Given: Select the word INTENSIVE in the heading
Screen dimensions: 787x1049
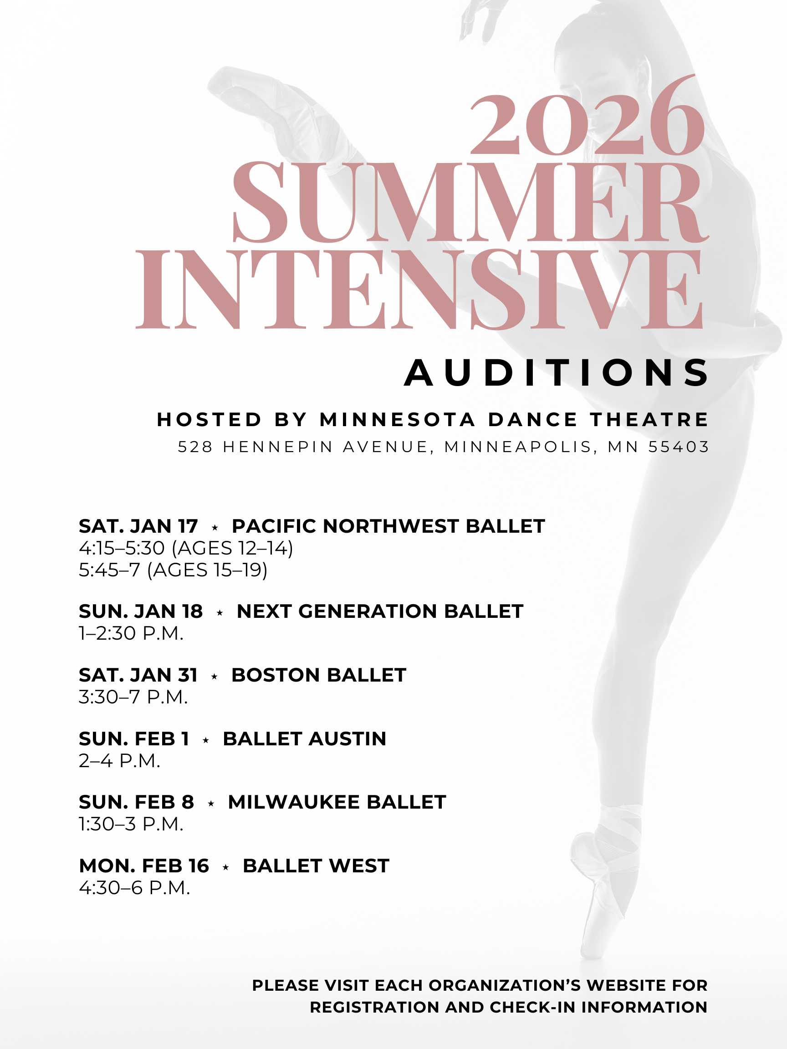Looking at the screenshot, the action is (x=419, y=289).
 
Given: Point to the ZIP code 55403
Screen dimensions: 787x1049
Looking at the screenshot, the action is (x=678, y=447).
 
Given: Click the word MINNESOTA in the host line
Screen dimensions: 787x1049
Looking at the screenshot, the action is (x=398, y=420).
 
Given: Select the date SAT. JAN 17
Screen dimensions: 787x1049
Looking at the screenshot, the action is (x=138, y=526).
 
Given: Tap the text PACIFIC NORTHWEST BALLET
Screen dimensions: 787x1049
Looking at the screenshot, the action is (x=388, y=526).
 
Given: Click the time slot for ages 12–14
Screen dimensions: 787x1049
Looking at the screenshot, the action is (x=186, y=548).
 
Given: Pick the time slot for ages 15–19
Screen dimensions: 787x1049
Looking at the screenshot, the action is (x=173, y=570).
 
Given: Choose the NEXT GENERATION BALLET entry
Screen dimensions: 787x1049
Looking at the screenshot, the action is (x=380, y=611).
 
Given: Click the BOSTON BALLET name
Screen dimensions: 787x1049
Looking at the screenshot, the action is (x=319, y=675).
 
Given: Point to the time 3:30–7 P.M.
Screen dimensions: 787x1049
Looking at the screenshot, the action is (x=133, y=697).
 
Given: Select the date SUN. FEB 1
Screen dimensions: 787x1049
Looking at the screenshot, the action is (x=134, y=738).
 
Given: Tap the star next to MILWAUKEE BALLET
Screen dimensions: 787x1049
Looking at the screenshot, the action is (x=211, y=803).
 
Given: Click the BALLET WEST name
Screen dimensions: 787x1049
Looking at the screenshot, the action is (x=316, y=866).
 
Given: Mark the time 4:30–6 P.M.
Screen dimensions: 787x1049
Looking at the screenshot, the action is (x=134, y=887).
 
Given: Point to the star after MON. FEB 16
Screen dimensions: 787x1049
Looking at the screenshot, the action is (x=226, y=866).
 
